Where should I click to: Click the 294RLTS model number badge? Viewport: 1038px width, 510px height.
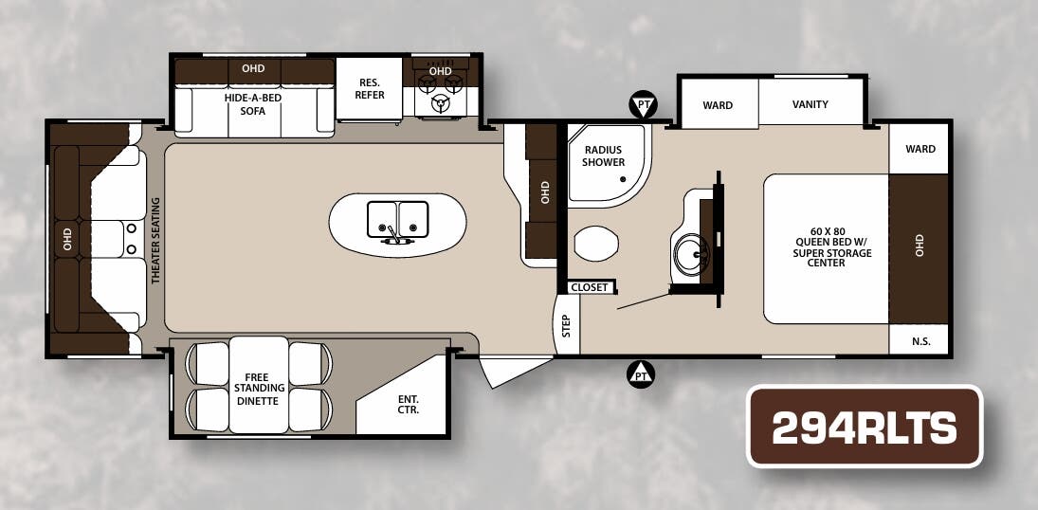(x=865, y=427)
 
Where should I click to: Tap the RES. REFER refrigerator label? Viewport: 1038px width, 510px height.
(x=370, y=89)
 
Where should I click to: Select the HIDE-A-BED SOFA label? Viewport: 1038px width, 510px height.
(x=253, y=104)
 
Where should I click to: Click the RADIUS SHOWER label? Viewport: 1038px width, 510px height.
(x=603, y=156)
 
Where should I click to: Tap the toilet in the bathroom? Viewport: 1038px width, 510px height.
(x=596, y=243)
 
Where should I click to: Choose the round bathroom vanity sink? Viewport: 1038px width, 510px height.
(x=691, y=255)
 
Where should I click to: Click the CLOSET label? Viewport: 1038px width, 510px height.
(x=590, y=287)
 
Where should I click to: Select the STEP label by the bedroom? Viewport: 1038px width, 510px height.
(x=566, y=325)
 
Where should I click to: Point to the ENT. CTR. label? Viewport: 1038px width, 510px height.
(x=408, y=404)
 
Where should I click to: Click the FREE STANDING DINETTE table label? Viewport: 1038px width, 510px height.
(x=260, y=389)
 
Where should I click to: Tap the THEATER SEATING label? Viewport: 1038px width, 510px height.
(x=156, y=241)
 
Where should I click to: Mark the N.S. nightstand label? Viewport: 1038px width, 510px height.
(x=920, y=342)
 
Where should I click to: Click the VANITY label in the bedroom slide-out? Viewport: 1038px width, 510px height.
(x=810, y=104)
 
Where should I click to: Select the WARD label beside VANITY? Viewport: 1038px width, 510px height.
(x=718, y=104)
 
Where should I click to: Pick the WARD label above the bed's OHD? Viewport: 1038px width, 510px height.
(x=920, y=149)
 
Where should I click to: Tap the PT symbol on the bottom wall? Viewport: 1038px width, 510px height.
(x=640, y=374)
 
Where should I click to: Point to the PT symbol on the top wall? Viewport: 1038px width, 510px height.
(x=643, y=104)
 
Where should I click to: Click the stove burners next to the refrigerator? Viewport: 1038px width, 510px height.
(x=440, y=91)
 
